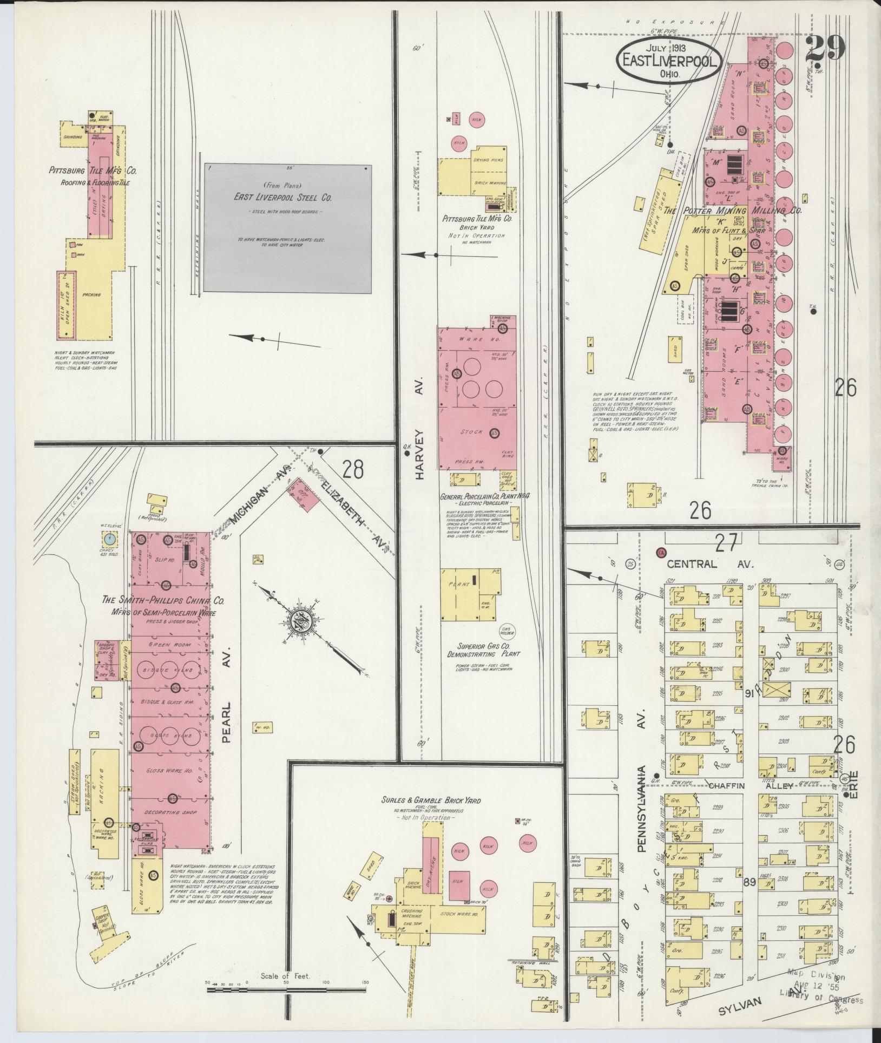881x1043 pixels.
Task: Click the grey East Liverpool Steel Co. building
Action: [287, 228]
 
